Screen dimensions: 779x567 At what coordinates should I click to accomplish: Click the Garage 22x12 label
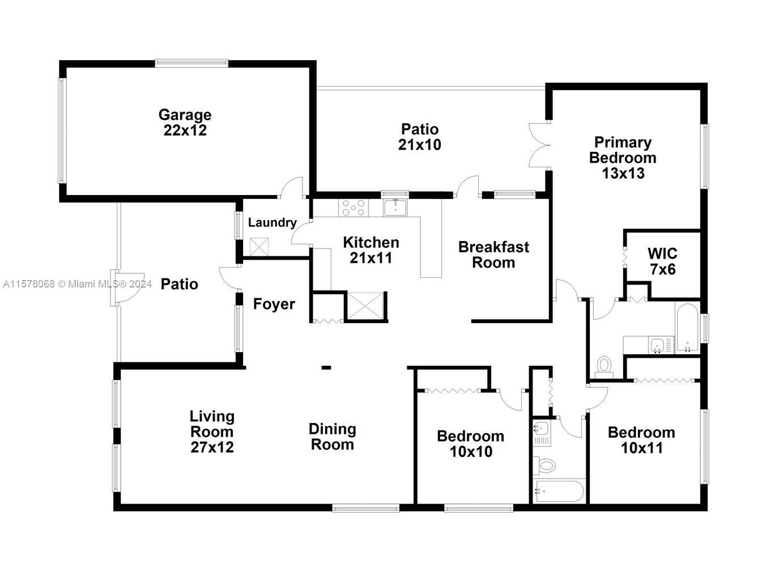(x=185, y=122)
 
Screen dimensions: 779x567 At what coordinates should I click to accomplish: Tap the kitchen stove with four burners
(x=353, y=208)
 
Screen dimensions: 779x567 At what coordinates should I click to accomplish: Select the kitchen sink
(x=395, y=208)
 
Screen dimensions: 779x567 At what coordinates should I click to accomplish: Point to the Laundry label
(x=273, y=222)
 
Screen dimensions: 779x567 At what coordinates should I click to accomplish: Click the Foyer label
(x=274, y=304)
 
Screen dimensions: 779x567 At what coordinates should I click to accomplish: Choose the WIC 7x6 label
(x=662, y=261)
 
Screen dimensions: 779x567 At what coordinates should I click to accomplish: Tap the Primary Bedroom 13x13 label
(x=623, y=158)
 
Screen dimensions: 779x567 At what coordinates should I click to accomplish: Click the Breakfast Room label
(x=493, y=255)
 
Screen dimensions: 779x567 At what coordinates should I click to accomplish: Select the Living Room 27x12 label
(x=212, y=431)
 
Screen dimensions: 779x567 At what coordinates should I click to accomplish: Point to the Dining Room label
(x=333, y=437)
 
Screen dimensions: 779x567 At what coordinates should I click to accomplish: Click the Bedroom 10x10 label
(x=471, y=444)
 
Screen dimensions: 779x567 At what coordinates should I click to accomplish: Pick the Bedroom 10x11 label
(x=642, y=441)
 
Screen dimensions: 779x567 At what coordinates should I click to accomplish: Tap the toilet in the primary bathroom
(x=604, y=367)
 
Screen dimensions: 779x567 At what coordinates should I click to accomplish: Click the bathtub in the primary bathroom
(x=688, y=329)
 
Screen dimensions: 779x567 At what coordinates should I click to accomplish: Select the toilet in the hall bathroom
(x=544, y=465)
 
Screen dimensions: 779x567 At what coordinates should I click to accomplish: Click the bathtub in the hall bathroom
(x=559, y=491)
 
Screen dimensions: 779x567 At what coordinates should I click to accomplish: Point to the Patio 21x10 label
(x=420, y=137)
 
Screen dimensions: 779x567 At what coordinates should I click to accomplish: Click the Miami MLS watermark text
(x=77, y=284)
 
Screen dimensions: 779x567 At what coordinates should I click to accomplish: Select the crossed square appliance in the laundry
(x=259, y=247)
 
